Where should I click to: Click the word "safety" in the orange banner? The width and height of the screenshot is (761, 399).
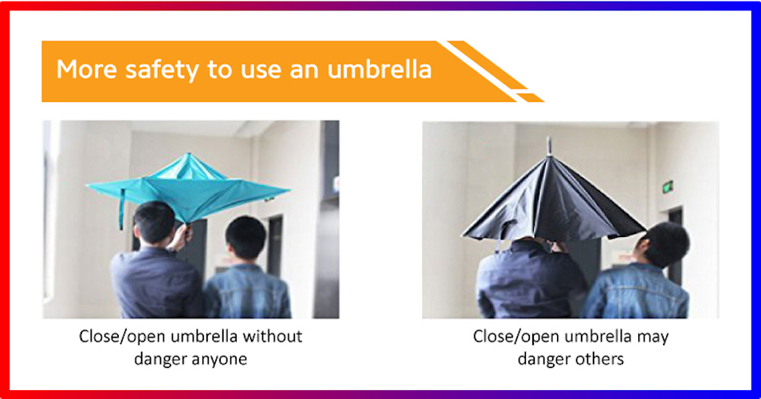(162, 69)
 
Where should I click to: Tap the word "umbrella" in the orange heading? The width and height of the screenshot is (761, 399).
(379, 69)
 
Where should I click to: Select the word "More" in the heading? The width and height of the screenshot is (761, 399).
(86, 69)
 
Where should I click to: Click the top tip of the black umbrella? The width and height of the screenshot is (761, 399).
(549, 139)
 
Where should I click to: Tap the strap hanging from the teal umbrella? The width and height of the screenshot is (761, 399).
(121, 209)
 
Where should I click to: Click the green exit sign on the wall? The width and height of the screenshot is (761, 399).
(668, 186)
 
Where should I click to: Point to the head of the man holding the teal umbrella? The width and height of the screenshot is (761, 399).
(154, 223)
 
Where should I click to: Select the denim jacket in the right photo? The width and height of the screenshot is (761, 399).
(635, 290)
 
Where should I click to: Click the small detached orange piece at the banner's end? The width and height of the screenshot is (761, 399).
(529, 97)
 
